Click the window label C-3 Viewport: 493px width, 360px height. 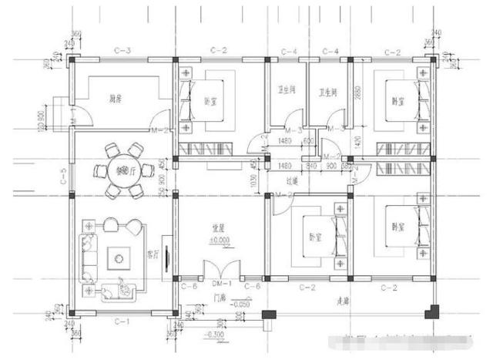[x=122, y=51]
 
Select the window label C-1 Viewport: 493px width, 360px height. [x=122, y=318]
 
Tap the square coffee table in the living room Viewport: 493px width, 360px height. [x=121, y=257]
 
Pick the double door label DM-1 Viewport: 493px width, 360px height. [x=217, y=285]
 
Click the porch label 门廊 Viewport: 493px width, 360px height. [x=220, y=297]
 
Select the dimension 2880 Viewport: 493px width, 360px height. [x=357, y=94]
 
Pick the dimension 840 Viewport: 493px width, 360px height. [x=311, y=165]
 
